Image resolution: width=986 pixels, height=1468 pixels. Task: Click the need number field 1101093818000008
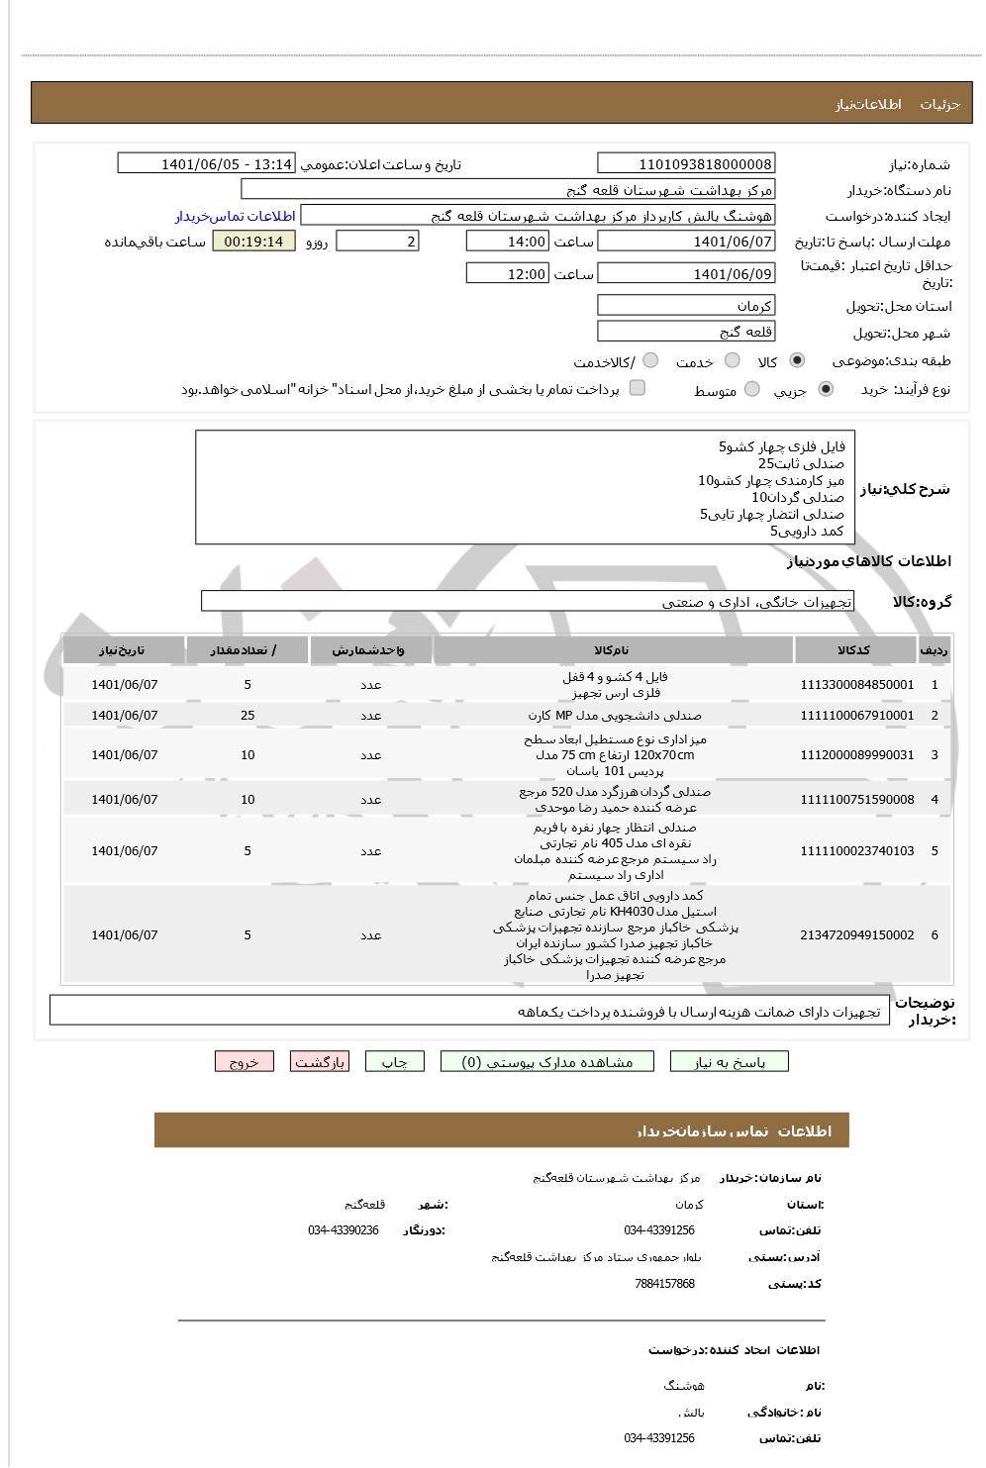coord(686,164)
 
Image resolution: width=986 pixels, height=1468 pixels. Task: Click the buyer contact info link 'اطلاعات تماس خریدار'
coord(236,216)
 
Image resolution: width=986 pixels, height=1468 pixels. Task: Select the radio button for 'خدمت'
coord(733,360)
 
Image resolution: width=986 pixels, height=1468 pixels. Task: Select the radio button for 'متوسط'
coord(752,389)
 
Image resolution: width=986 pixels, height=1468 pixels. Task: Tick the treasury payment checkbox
coord(638,388)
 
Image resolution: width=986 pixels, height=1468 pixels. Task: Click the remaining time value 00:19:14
coord(253,242)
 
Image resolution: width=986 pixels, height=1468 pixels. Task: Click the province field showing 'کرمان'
coord(686,306)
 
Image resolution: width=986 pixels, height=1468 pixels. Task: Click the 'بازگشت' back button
coord(320,1062)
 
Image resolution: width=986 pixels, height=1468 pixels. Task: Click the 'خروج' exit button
coord(245,1062)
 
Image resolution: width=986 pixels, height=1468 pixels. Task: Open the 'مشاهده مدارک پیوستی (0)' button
coord(548,1062)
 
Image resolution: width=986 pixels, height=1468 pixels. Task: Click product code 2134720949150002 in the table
coord(856,934)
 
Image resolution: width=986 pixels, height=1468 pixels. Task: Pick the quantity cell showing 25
coord(247,715)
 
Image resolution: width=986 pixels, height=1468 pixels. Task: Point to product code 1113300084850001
coord(856,684)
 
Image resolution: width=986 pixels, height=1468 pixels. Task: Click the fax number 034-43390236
coord(343,1230)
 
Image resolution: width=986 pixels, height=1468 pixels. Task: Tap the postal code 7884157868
coord(664,1284)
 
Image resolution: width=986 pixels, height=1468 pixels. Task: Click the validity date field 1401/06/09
coord(686,274)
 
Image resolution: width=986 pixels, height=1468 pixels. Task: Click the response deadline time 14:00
coord(507,242)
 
